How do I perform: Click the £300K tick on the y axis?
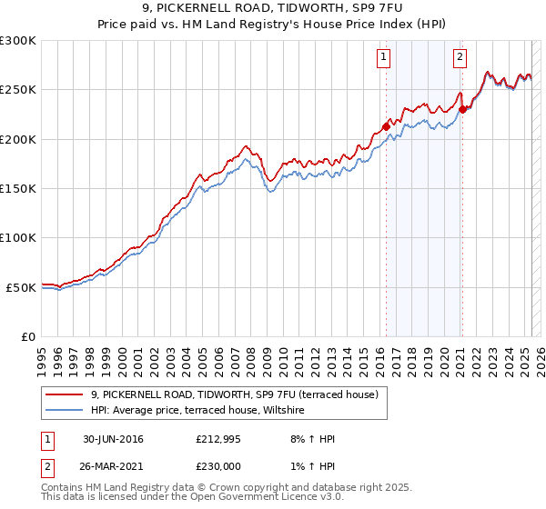click(18, 41)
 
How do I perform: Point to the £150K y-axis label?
click(18, 188)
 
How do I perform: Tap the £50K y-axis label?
click(22, 287)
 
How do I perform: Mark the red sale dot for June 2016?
click(386, 126)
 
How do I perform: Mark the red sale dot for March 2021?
click(462, 110)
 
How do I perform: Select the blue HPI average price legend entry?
click(202, 411)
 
